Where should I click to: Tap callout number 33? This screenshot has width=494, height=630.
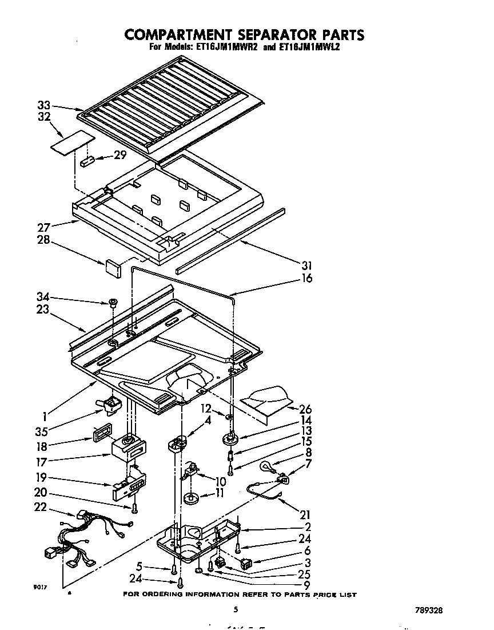tap(44, 105)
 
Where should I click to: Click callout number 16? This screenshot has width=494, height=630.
tap(307, 279)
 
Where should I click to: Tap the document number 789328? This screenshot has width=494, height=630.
tap(428, 610)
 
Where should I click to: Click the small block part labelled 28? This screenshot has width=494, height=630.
tap(112, 268)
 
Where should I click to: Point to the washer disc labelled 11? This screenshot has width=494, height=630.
tap(190, 498)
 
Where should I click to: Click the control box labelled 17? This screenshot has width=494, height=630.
tap(129, 447)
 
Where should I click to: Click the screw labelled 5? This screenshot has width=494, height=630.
tap(173, 569)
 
